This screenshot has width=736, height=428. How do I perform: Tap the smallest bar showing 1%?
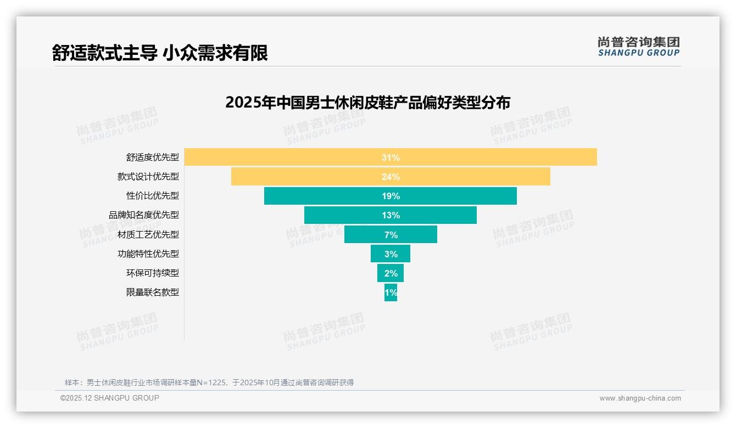[x=391, y=292]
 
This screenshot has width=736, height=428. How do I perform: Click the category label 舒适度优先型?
[x=152, y=157]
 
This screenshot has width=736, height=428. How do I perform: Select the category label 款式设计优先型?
[x=148, y=177]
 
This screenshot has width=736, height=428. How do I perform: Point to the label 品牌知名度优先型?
[x=143, y=215]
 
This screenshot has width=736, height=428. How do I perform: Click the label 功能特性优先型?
[x=148, y=254]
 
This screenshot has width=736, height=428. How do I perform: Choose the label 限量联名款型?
[x=152, y=292]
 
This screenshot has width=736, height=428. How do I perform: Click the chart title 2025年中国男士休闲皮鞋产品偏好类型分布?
[x=367, y=103]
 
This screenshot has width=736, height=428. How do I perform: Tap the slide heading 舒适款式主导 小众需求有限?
[x=160, y=53]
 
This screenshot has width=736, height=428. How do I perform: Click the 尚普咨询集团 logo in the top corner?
[x=638, y=46]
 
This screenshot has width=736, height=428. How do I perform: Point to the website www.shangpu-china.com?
[x=640, y=398]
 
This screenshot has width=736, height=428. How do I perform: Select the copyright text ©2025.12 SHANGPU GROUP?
[x=109, y=398]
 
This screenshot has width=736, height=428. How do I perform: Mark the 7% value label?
[x=391, y=235]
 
